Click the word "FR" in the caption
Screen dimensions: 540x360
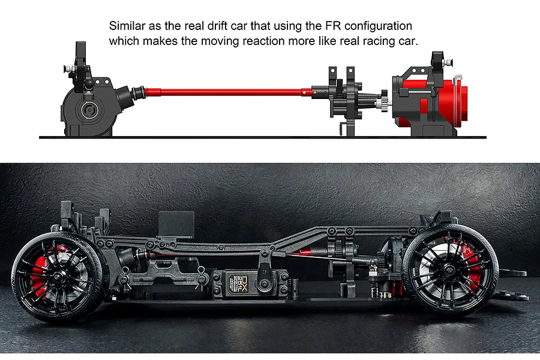click(x=333, y=26)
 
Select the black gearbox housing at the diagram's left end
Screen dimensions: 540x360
click(x=93, y=107)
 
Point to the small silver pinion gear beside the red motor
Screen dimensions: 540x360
click(x=385, y=103)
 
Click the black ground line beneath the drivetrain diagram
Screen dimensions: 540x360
click(x=262, y=137)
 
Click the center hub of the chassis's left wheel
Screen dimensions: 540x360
click(x=58, y=275)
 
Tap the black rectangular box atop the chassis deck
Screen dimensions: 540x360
click(x=176, y=224)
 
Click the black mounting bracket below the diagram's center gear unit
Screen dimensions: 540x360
click(x=347, y=127)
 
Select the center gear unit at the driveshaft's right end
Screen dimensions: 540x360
click(x=346, y=96)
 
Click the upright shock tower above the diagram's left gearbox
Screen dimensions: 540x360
click(x=80, y=65)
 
